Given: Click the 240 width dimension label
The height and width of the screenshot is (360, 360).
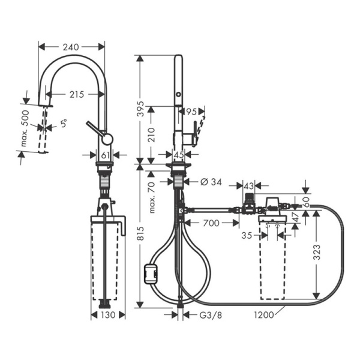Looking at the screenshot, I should coord(71,46).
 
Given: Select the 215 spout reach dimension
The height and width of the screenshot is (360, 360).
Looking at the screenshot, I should coord(75,94).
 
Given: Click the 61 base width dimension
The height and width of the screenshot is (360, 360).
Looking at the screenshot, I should coord(106,155).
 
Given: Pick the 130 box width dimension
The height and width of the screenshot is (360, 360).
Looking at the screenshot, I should coord(107,314).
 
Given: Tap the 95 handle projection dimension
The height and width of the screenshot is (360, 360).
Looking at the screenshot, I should coord(191,111).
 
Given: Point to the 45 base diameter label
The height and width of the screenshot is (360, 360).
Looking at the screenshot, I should coord(179,155).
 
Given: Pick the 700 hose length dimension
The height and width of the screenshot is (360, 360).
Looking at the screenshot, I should coord(209,223).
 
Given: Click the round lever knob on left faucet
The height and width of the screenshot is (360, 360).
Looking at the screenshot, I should coord(106,139).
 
